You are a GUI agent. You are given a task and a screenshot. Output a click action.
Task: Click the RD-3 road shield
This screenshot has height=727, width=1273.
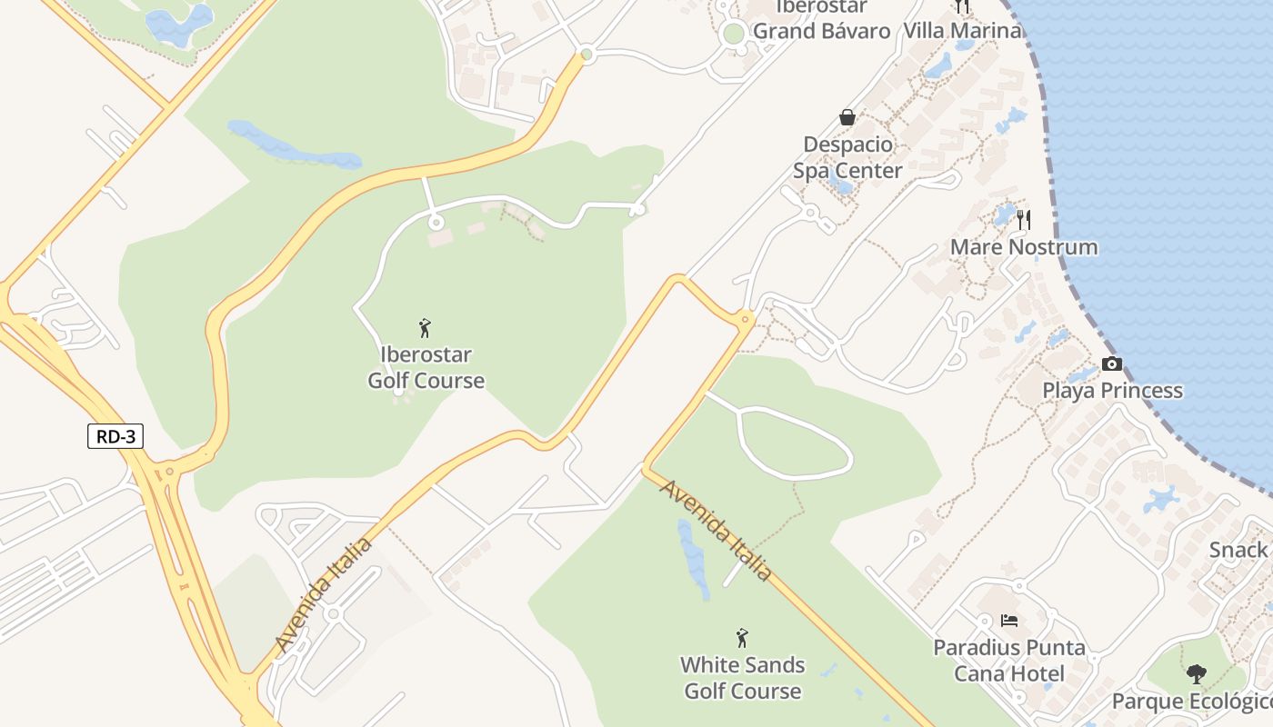(x=115, y=436)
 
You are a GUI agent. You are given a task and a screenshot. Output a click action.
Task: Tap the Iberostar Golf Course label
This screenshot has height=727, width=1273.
(x=426, y=367)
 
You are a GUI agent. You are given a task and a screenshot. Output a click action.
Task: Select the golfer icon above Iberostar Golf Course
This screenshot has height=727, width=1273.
(x=425, y=328)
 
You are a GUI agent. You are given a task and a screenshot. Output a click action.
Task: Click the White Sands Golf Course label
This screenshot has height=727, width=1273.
(x=743, y=678)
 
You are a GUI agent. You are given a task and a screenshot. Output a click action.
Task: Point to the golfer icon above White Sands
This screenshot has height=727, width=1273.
(x=742, y=638)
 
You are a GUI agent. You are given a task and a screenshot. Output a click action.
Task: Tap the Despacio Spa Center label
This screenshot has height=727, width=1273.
(x=847, y=157)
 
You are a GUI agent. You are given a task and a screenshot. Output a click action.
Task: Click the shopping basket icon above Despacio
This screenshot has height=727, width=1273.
(x=847, y=117)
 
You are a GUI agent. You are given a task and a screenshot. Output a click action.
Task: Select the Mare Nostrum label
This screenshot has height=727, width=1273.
(x=1023, y=247)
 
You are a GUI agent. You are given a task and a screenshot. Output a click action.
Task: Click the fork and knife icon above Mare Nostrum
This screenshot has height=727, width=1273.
(x=1024, y=219)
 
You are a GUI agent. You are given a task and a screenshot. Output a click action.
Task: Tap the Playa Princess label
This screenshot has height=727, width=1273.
(x=1112, y=391)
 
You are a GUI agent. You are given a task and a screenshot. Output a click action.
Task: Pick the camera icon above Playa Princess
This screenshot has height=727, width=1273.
(x=1111, y=364)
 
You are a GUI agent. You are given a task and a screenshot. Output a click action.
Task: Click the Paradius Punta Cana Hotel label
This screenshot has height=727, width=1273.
(x=1009, y=661)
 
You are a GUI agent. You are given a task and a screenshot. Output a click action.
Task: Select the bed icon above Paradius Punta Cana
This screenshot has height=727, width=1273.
(x=1008, y=622)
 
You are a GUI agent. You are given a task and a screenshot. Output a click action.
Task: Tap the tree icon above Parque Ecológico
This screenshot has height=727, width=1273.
(x=1196, y=674)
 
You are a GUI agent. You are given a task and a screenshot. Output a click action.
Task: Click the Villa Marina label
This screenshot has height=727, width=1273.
(x=962, y=31)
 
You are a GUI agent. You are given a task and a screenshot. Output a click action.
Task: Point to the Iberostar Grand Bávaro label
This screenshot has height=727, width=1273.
(x=821, y=20)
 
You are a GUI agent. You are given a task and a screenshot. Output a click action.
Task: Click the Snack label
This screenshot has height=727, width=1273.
(x=1239, y=550)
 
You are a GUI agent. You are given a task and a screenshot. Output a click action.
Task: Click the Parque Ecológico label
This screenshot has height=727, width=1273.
(x=1191, y=702)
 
